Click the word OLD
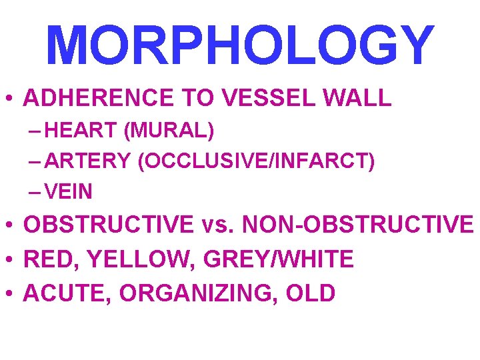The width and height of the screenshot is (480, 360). (x=311, y=293)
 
